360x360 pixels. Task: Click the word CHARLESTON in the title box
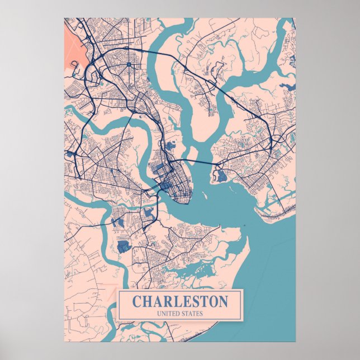pos(180,301)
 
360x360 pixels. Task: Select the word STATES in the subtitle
pos(192,313)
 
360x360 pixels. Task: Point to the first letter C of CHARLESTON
pos(137,301)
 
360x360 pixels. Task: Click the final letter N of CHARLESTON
pos(223,301)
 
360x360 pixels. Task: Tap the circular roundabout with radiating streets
pos(129,65)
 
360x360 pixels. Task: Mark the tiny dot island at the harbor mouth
pos(244,226)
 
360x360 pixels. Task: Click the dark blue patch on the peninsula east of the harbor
pos(222,176)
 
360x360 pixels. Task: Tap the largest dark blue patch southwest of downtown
pos(123,245)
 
